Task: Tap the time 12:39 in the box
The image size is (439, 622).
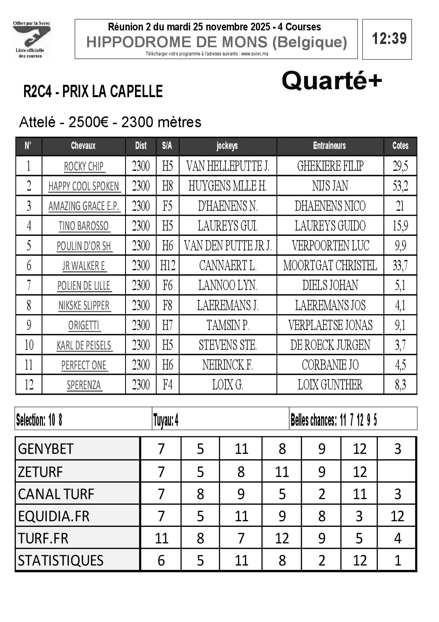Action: point(389,39)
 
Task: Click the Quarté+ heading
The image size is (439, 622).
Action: point(331,81)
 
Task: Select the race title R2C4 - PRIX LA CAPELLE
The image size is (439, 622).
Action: point(93,91)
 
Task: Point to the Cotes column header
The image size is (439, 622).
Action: point(400,146)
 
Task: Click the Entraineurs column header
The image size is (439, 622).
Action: point(329,146)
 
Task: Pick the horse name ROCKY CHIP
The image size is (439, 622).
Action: point(84,166)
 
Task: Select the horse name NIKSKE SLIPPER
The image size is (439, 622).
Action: point(84,306)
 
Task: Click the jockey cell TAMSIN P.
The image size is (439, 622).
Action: point(228,325)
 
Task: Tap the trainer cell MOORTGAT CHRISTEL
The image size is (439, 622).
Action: point(330,266)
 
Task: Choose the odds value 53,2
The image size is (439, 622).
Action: point(400,186)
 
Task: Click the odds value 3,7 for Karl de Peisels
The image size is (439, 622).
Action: point(400,345)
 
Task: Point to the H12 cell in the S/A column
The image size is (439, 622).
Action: point(168,266)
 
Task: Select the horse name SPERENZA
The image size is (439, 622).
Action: point(84,385)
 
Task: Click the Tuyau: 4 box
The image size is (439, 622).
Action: point(166,421)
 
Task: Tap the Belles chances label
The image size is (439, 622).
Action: point(313,421)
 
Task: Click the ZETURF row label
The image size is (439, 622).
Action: point(40,472)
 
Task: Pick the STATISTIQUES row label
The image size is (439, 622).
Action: point(61,561)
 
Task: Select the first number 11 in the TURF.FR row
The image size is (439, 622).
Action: point(161,538)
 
